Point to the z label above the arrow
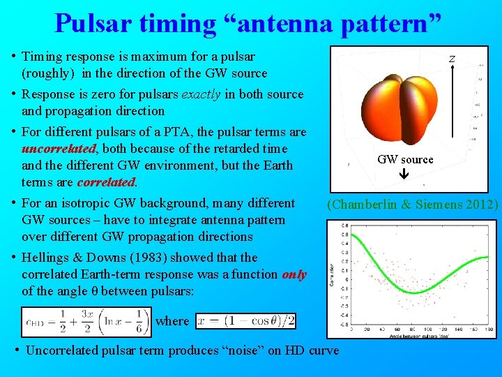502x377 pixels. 452,59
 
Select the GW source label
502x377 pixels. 405,159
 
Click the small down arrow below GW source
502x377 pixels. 405,175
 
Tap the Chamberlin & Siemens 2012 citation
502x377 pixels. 413,205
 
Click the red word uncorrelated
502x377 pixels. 59,149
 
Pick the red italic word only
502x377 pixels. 294,274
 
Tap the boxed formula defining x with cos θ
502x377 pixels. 246,321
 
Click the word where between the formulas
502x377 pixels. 172,321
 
